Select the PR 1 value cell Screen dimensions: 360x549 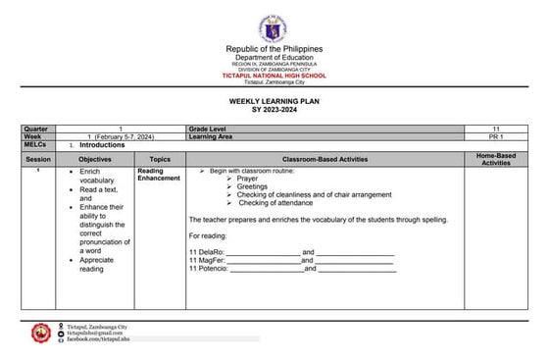pos(496,137)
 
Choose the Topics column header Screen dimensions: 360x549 pos(160,158)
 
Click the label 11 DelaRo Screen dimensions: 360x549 pos(206,252)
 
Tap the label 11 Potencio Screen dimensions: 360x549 pos(208,268)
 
